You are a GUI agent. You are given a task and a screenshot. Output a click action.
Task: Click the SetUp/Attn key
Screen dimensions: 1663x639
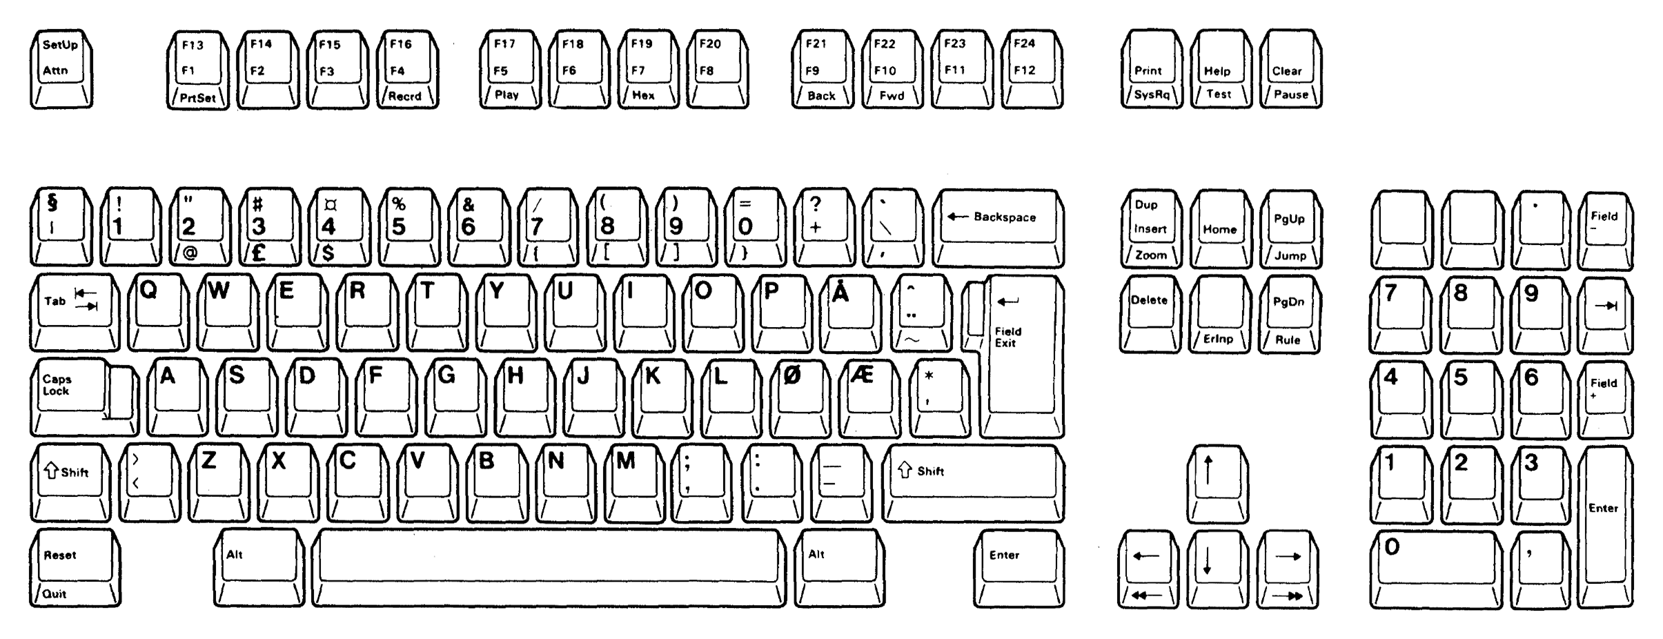(x=61, y=69)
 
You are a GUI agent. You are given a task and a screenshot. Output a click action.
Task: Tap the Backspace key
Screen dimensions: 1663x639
(x=998, y=228)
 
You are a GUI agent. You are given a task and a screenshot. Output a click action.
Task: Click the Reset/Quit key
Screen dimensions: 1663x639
(x=75, y=567)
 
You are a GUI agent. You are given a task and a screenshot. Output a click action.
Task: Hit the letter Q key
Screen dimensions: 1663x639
(x=159, y=313)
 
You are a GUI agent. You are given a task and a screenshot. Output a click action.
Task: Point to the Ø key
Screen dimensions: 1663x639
(x=801, y=397)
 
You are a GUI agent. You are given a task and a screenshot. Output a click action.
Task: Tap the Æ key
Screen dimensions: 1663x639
(x=870, y=397)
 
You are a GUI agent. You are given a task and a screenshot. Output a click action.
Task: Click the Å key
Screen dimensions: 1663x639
(x=851, y=313)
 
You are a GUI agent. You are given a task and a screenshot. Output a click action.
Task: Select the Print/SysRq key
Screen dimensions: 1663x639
(x=1152, y=69)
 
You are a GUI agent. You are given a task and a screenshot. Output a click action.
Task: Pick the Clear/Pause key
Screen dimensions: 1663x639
(x=1290, y=69)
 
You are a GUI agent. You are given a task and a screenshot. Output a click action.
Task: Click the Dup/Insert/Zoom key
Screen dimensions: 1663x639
(x=1151, y=228)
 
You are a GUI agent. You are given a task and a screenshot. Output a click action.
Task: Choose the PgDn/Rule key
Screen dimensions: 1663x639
(x=1289, y=314)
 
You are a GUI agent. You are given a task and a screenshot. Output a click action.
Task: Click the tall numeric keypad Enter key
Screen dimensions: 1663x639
(x=1605, y=527)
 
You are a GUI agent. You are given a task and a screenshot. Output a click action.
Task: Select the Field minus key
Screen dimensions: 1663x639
(x=1605, y=230)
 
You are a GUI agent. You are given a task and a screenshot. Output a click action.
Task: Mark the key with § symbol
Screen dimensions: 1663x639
(x=61, y=227)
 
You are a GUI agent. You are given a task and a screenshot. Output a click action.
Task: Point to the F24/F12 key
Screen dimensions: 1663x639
(x=1032, y=69)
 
